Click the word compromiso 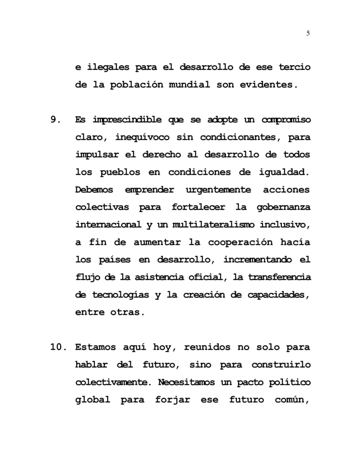click(x=286, y=120)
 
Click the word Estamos click(x=95, y=347)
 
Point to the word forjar click(x=172, y=400)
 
